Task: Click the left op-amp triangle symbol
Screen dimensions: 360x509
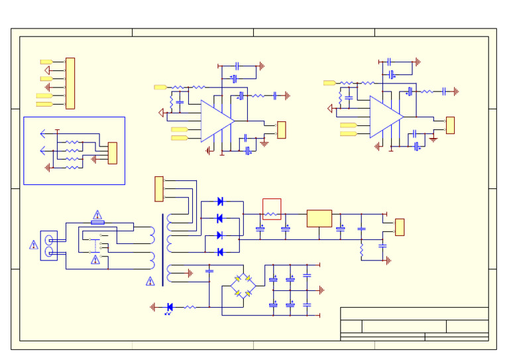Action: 215,121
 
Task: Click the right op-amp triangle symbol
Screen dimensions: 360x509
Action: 384,117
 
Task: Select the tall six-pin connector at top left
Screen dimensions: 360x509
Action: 70,84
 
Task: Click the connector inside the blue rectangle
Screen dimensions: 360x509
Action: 113,153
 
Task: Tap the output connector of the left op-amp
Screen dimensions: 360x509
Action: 281,130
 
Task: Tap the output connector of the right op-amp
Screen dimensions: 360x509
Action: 450,125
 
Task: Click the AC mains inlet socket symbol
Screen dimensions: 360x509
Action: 48,245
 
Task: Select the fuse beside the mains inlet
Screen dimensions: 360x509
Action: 97,223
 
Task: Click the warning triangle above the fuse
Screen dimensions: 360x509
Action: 97,215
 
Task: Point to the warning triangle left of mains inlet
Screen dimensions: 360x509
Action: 34,245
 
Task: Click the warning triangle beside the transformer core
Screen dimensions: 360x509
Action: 150,282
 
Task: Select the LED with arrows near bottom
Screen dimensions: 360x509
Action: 170,307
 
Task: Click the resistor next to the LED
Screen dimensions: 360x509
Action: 190,307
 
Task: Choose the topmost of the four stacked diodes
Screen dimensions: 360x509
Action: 220,202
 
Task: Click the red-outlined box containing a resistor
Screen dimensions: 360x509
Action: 272,209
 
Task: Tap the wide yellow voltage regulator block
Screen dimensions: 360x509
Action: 319,218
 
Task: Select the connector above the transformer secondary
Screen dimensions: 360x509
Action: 159,189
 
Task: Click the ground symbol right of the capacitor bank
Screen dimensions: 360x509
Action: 321,290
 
